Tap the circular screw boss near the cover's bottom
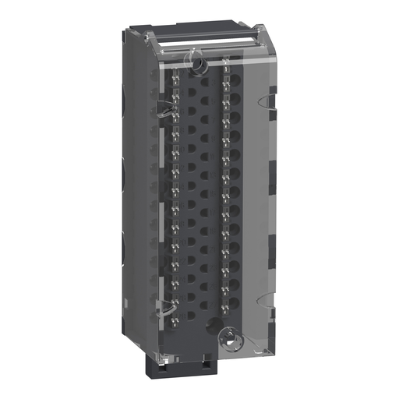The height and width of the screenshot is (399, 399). click(228, 337)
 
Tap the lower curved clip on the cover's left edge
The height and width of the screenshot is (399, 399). click(164, 310)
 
